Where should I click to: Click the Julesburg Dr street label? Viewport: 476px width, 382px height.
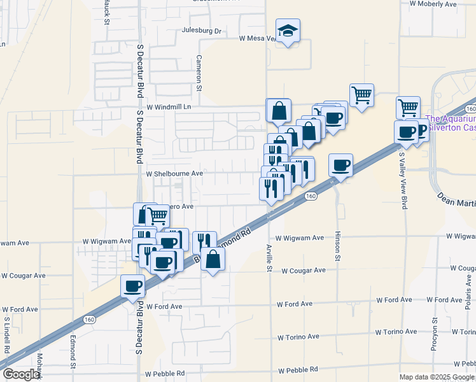(x=201, y=31)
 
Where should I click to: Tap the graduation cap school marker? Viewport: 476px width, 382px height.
(x=288, y=31)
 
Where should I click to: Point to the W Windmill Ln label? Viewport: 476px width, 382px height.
(x=169, y=107)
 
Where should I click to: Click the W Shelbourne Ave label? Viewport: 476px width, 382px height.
(x=174, y=173)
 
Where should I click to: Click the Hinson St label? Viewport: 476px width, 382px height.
(x=338, y=246)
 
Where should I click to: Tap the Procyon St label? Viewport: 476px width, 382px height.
(x=435, y=334)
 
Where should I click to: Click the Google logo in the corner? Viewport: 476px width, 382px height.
(x=20, y=374)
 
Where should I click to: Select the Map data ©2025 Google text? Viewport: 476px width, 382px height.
(x=436, y=377)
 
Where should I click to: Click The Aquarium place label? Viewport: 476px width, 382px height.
(x=450, y=119)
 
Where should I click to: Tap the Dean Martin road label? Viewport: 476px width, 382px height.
(x=456, y=202)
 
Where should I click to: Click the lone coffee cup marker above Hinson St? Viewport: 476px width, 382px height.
(x=341, y=166)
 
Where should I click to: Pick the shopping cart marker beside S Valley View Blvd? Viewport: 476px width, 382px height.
(x=408, y=107)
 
